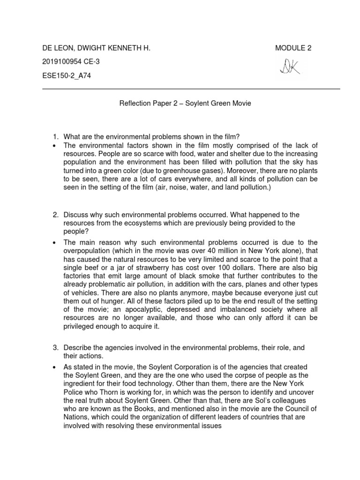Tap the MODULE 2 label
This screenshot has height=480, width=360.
(x=293, y=48)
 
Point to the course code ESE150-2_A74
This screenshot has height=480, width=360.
(x=67, y=76)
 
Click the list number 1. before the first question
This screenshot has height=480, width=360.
(x=55, y=137)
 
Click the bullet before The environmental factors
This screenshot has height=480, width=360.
(x=55, y=145)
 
